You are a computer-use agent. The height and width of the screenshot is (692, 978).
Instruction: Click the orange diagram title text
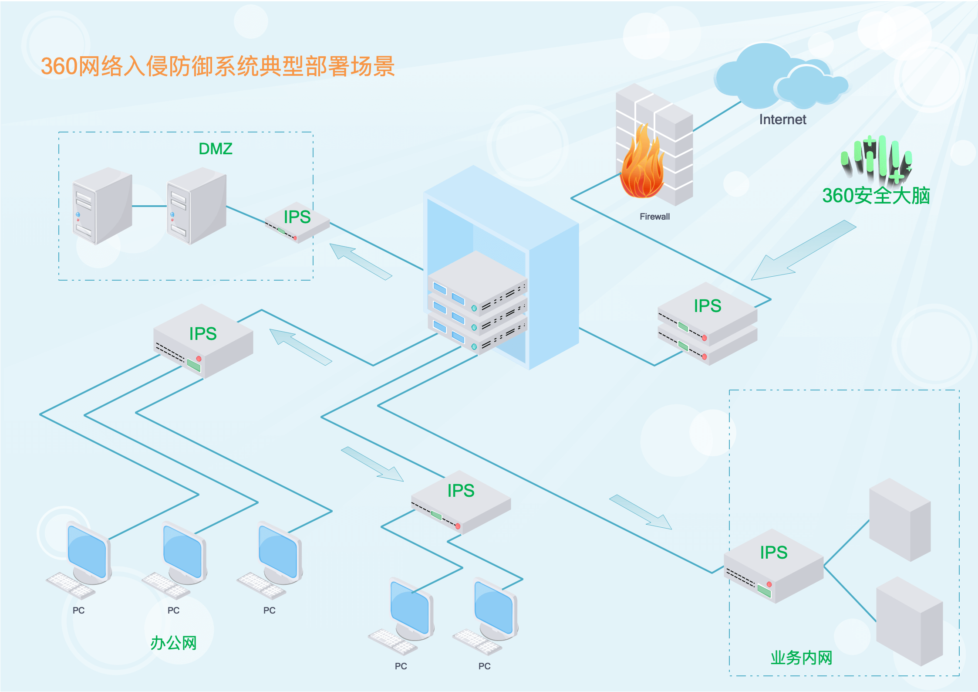218,66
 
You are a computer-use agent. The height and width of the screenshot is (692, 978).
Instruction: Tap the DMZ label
216,149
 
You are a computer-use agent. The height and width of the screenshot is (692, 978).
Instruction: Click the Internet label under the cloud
782,119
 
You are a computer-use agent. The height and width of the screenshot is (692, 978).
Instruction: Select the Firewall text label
654,217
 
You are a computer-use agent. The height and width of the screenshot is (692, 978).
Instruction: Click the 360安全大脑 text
876,196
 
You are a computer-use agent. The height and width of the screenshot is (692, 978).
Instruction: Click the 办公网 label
173,643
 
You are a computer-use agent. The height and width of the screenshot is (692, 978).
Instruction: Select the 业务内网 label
801,658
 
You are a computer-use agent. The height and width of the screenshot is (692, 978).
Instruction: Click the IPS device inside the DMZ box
297,222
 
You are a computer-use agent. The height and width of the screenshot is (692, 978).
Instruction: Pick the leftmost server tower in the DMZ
102,206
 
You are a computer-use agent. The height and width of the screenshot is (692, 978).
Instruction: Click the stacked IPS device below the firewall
708,323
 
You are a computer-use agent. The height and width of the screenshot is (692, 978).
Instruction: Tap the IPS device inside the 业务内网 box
774,566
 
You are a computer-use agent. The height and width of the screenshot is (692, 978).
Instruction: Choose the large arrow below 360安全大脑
803,250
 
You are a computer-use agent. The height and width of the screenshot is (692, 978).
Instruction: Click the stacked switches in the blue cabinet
477,303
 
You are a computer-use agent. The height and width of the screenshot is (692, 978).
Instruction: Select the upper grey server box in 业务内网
900,519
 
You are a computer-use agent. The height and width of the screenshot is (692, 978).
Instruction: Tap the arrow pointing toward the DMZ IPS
361,261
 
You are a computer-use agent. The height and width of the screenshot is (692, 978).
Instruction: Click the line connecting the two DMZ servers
150,206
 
